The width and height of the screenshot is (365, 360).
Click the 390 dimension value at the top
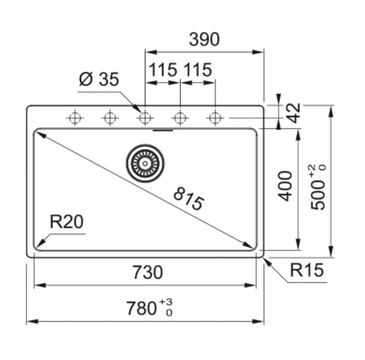point(204,40)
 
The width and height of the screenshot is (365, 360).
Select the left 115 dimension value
point(163,70)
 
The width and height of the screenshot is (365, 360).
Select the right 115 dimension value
point(198,70)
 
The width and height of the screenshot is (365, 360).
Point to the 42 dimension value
point(292,112)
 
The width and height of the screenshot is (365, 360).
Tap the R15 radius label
point(306,271)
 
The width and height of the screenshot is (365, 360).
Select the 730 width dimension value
point(146,272)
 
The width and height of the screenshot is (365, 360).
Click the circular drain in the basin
point(145,163)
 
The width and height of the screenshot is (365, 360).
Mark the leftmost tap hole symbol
point(74,118)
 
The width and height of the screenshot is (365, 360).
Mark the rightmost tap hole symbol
point(215,118)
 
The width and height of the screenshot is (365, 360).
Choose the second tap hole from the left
point(109,118)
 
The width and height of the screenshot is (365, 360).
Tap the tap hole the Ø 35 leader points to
point(144,118)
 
